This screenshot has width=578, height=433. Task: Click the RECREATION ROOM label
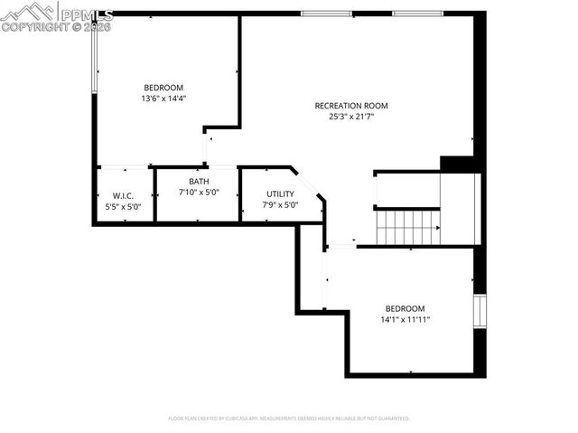350,106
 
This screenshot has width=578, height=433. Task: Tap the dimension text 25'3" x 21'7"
350,117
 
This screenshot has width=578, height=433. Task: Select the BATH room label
199,181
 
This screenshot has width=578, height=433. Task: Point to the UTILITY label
280,194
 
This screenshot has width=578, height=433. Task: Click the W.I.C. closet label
124,196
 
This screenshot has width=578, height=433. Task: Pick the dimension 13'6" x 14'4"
163,98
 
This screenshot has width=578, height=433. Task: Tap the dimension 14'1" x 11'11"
405,319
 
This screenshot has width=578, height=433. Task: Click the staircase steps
407,227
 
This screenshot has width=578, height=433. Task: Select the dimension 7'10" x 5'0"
199,192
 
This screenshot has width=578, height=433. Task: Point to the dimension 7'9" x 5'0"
280,205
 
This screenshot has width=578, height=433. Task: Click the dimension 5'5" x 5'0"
124,207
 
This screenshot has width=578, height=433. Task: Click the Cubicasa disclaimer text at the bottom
289,419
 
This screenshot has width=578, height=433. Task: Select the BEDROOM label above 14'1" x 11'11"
405,308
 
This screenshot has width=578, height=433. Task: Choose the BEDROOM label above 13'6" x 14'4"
163,87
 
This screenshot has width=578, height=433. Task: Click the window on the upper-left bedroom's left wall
95,54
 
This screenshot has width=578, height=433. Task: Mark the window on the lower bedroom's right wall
480,312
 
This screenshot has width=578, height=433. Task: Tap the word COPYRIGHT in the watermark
31,27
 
